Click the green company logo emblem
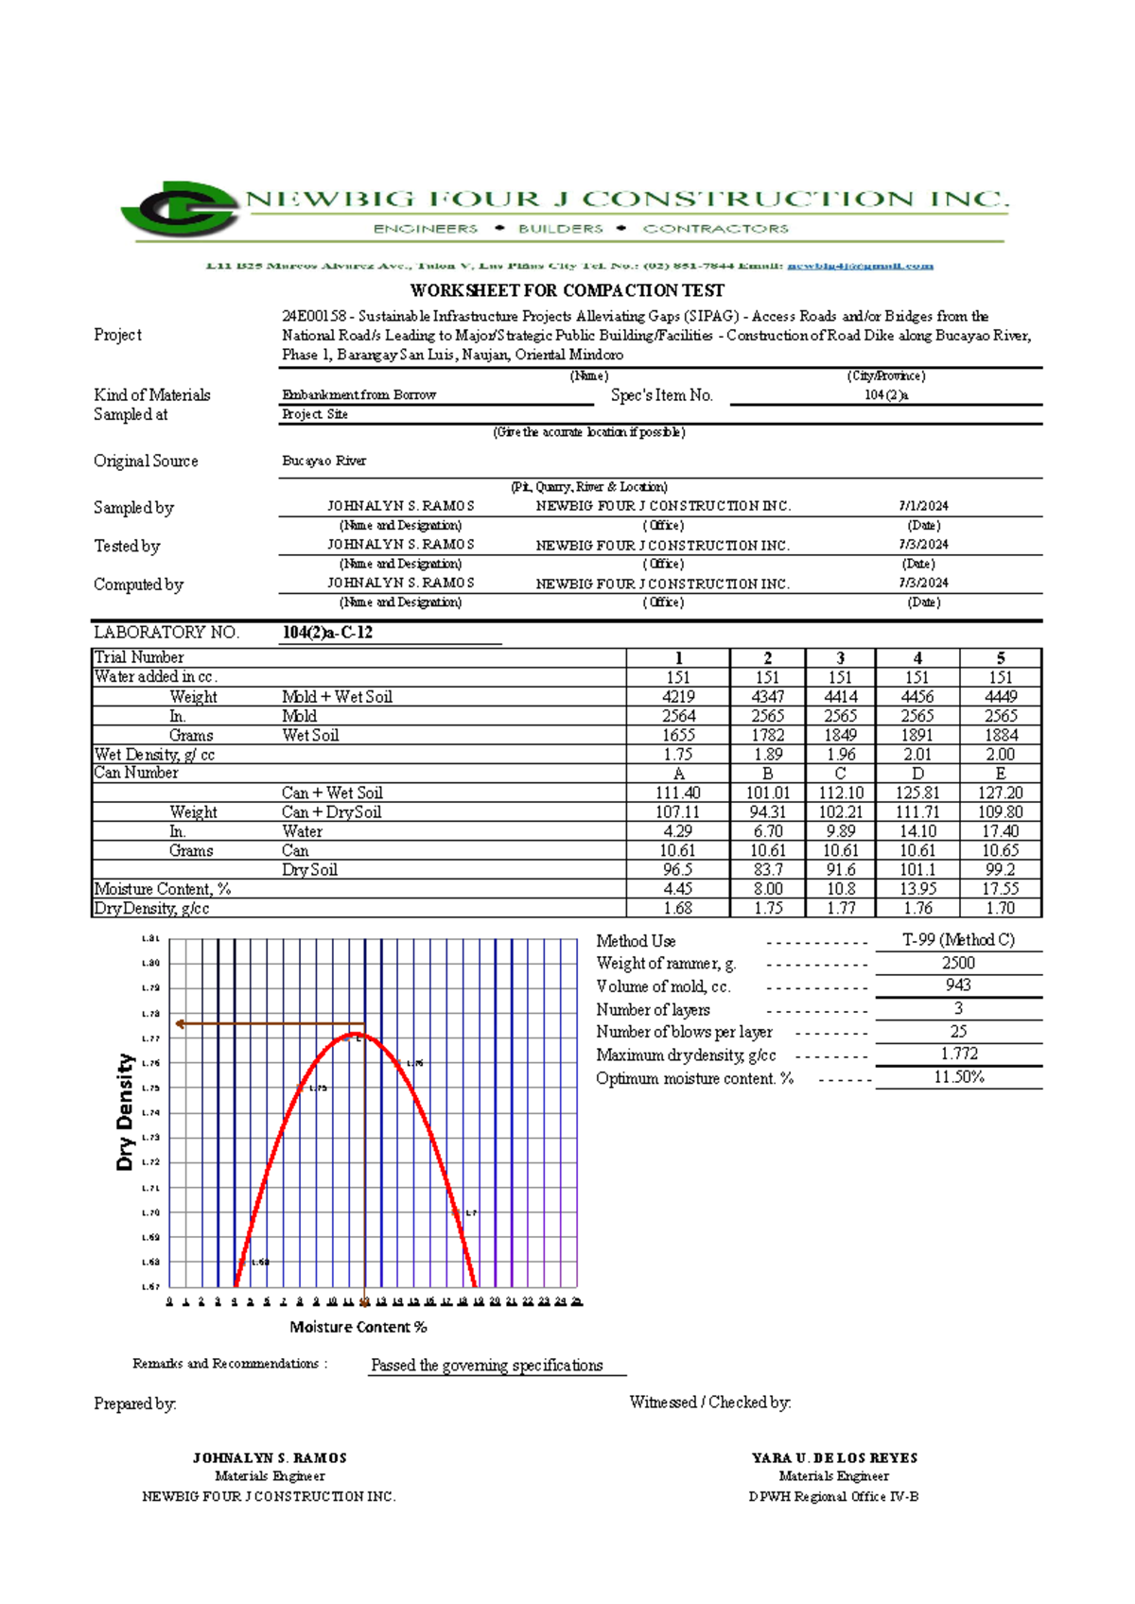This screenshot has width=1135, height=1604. pos(180,208)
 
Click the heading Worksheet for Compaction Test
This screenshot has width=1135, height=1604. pos(567,290)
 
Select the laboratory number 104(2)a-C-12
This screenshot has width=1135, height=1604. pos(327,633)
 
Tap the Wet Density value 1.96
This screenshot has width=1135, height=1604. pos(840,755)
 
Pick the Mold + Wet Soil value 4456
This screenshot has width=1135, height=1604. pos(917,697)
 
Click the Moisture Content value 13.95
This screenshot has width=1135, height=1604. pos(917,889)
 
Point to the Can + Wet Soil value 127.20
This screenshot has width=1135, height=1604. pos(1000,793)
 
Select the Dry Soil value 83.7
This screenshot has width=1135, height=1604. pos(767,870)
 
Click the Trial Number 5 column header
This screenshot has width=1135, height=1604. pos(1000,658)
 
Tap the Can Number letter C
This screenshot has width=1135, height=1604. pos(840,774)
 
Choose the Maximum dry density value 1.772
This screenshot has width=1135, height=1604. pos(958,1054)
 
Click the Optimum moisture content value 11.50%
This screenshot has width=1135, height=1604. pos(958,1077)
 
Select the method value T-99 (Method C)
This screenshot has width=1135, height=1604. pos(958,940)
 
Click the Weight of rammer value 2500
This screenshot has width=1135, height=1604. pos(958,963)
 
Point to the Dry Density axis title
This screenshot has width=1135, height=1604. pos(125,1112)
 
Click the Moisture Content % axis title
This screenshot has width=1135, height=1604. pos(358,1327)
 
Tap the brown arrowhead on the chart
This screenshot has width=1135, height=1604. pos(180,1023)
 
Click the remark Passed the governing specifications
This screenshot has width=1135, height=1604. pos(486,1366)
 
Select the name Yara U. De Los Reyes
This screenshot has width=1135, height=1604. pos(834,1458)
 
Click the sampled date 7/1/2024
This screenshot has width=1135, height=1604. pos(923,507)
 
